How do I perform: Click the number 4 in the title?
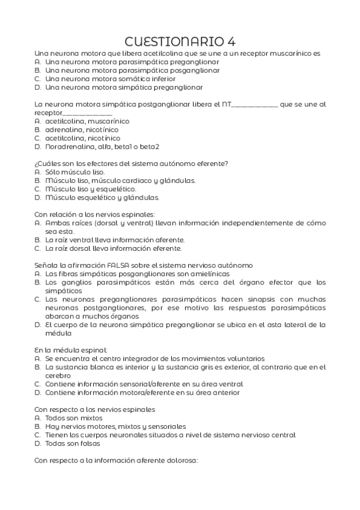231,41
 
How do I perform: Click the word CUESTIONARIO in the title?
174,41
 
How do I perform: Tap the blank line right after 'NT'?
254,104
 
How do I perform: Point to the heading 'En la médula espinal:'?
71,349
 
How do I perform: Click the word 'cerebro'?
58,375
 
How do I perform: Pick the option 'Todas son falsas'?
73,443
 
